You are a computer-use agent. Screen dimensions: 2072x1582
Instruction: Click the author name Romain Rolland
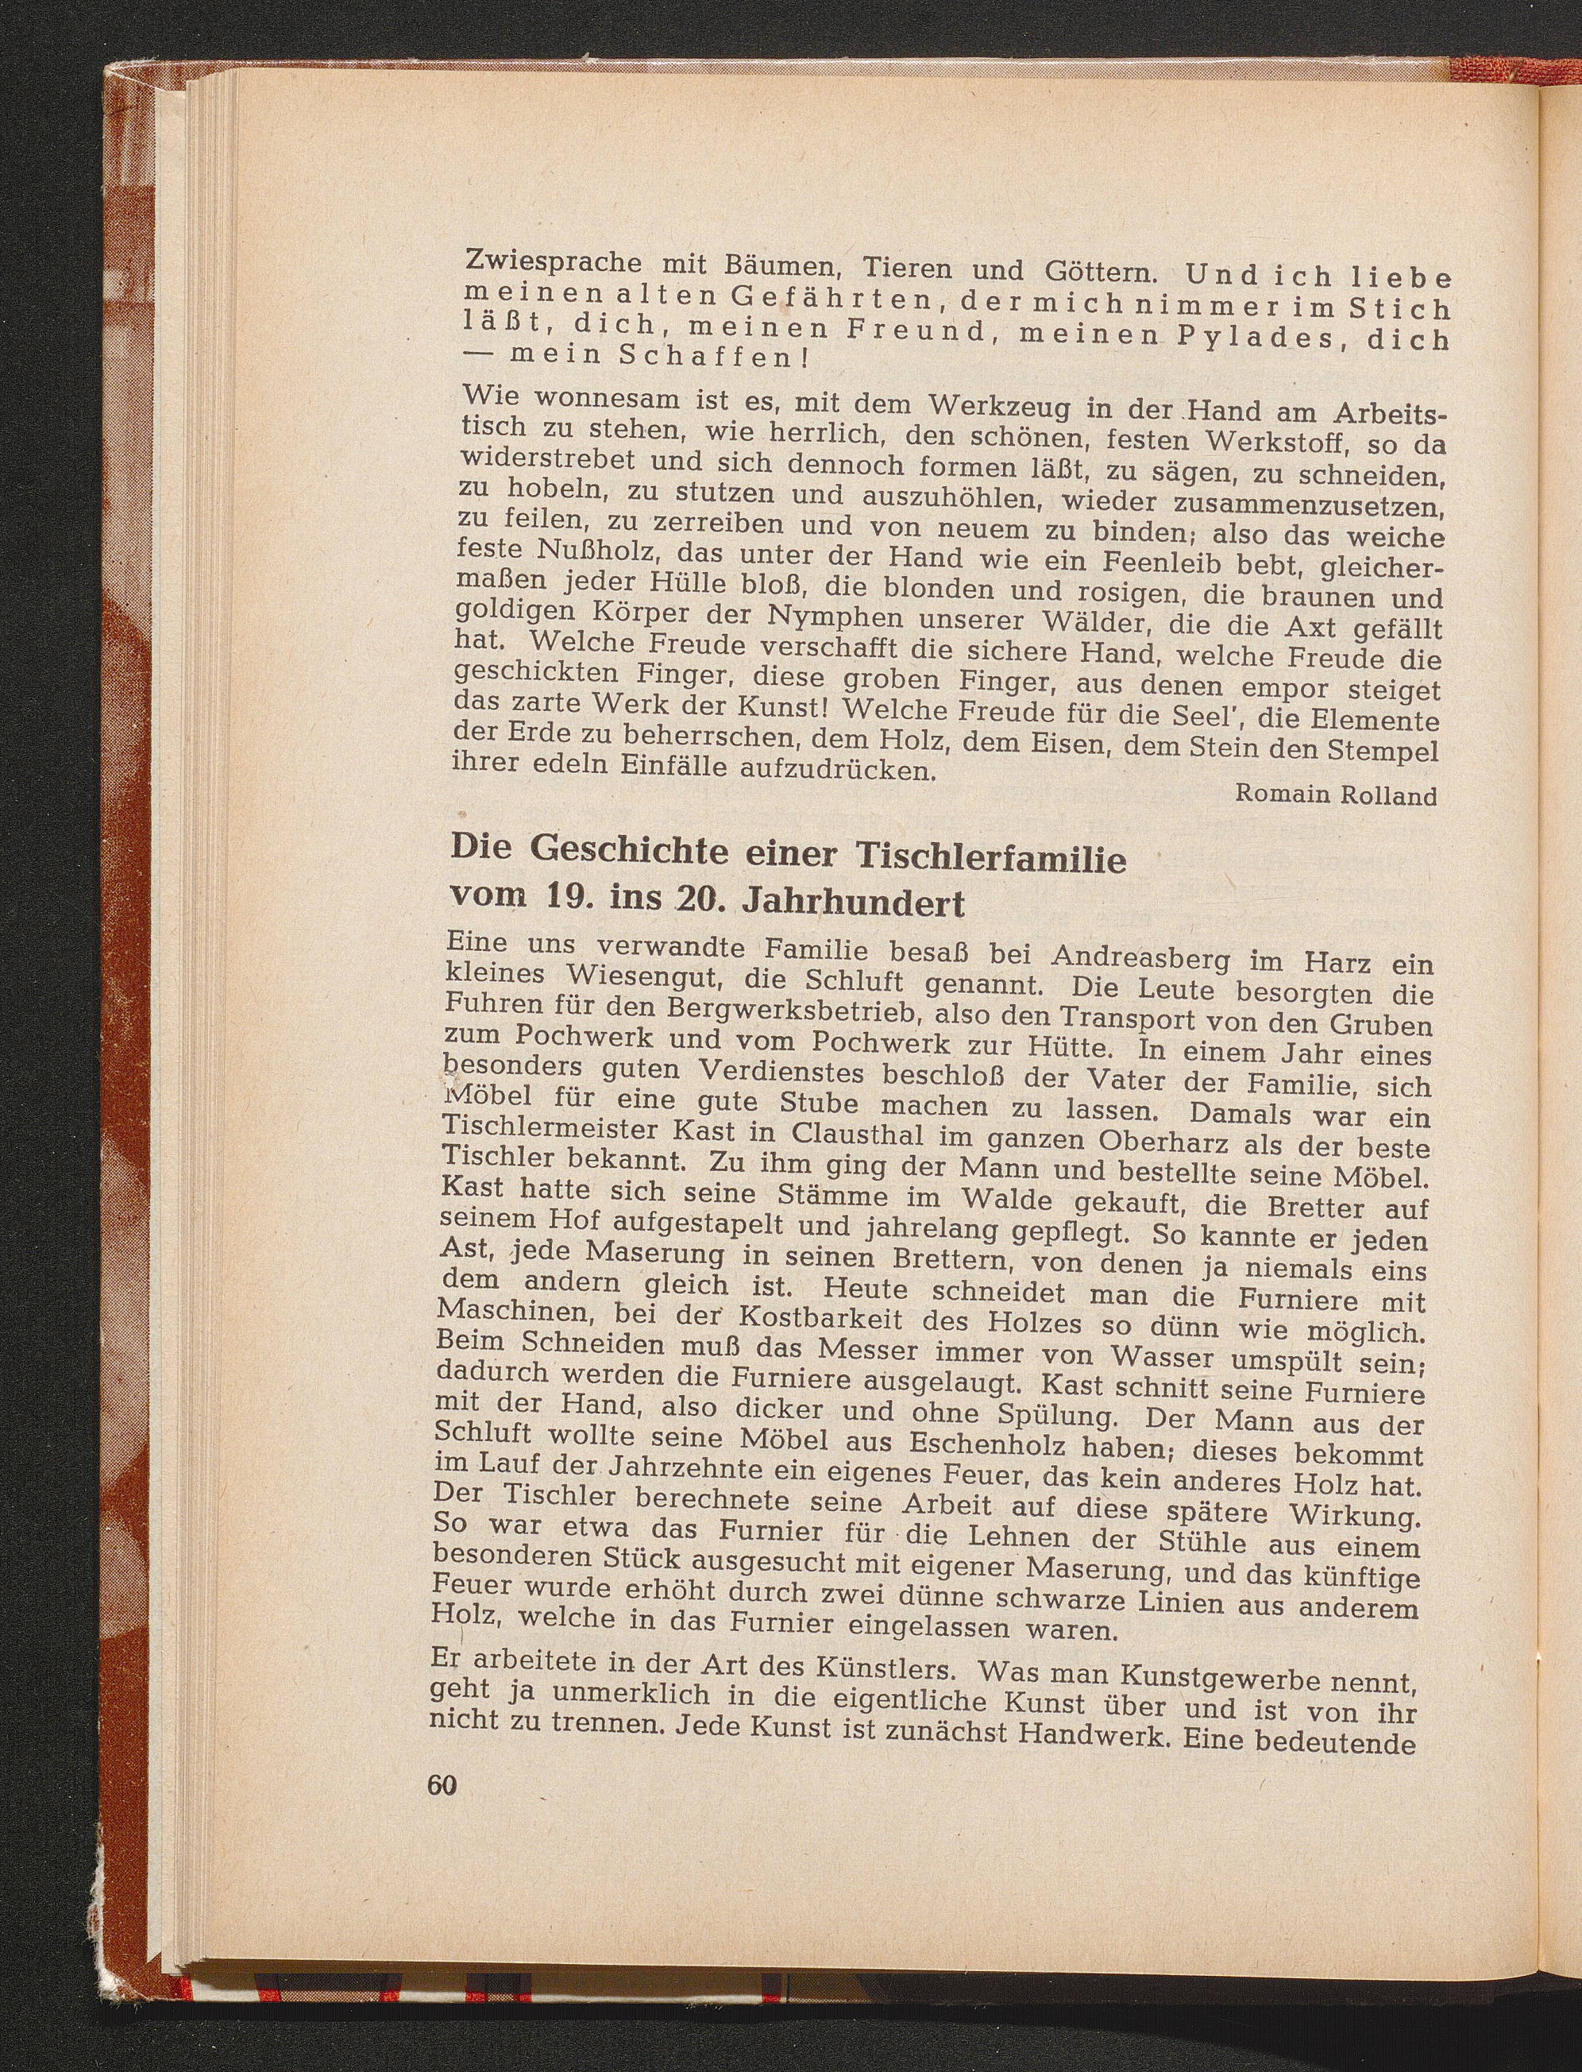(x=1335, y=795)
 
